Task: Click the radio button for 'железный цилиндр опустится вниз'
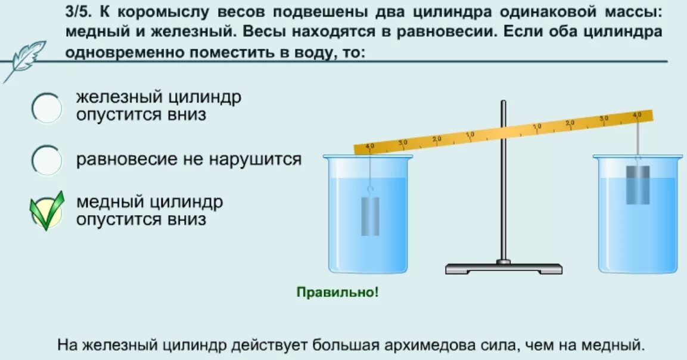click(x=46, y=108)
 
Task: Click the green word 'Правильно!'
click(x=337, y=293)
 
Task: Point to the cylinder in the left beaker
click(x=370, y=215)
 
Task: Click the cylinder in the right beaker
click(x=637, y=185)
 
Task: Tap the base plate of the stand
click(x=503, y=268)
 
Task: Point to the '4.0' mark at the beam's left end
click(x=369, y=147)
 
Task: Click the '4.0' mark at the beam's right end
click(x=637, y=114)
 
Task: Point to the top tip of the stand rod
click(x=503, y=103)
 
